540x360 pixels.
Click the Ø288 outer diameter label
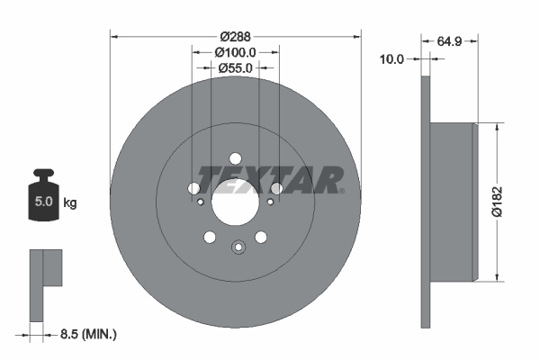point(235,37)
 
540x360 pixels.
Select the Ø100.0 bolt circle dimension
point(235,53)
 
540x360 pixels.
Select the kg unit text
point(70,203)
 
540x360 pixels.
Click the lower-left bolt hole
point(210,237)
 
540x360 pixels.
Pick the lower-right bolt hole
point(261,237)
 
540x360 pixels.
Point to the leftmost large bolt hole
point(193,189)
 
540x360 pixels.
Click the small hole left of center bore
point(201,202)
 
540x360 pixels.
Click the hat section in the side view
point(452,202)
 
